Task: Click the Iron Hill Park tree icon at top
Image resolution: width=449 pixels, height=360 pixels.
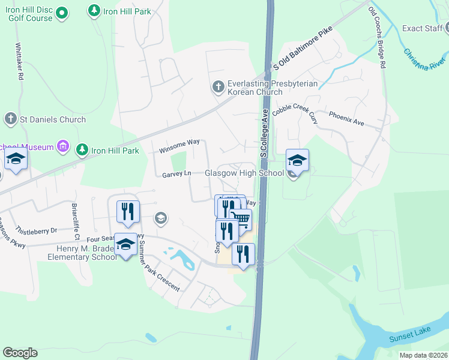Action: [x=94, y=10]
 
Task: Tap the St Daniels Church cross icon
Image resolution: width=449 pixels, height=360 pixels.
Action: [x=10, y=119]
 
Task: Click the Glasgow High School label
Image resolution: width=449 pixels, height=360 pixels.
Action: [x=244, y=173]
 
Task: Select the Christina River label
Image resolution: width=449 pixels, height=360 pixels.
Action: [x=424, y=59]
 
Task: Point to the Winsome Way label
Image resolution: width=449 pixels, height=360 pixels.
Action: [x=179, y=146]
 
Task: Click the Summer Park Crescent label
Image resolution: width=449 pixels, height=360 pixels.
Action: [x=158, y=269]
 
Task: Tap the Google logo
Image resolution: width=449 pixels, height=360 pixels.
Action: [x=20, y=353]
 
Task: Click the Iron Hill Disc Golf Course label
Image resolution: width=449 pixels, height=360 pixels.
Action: [x=31, y=14]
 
